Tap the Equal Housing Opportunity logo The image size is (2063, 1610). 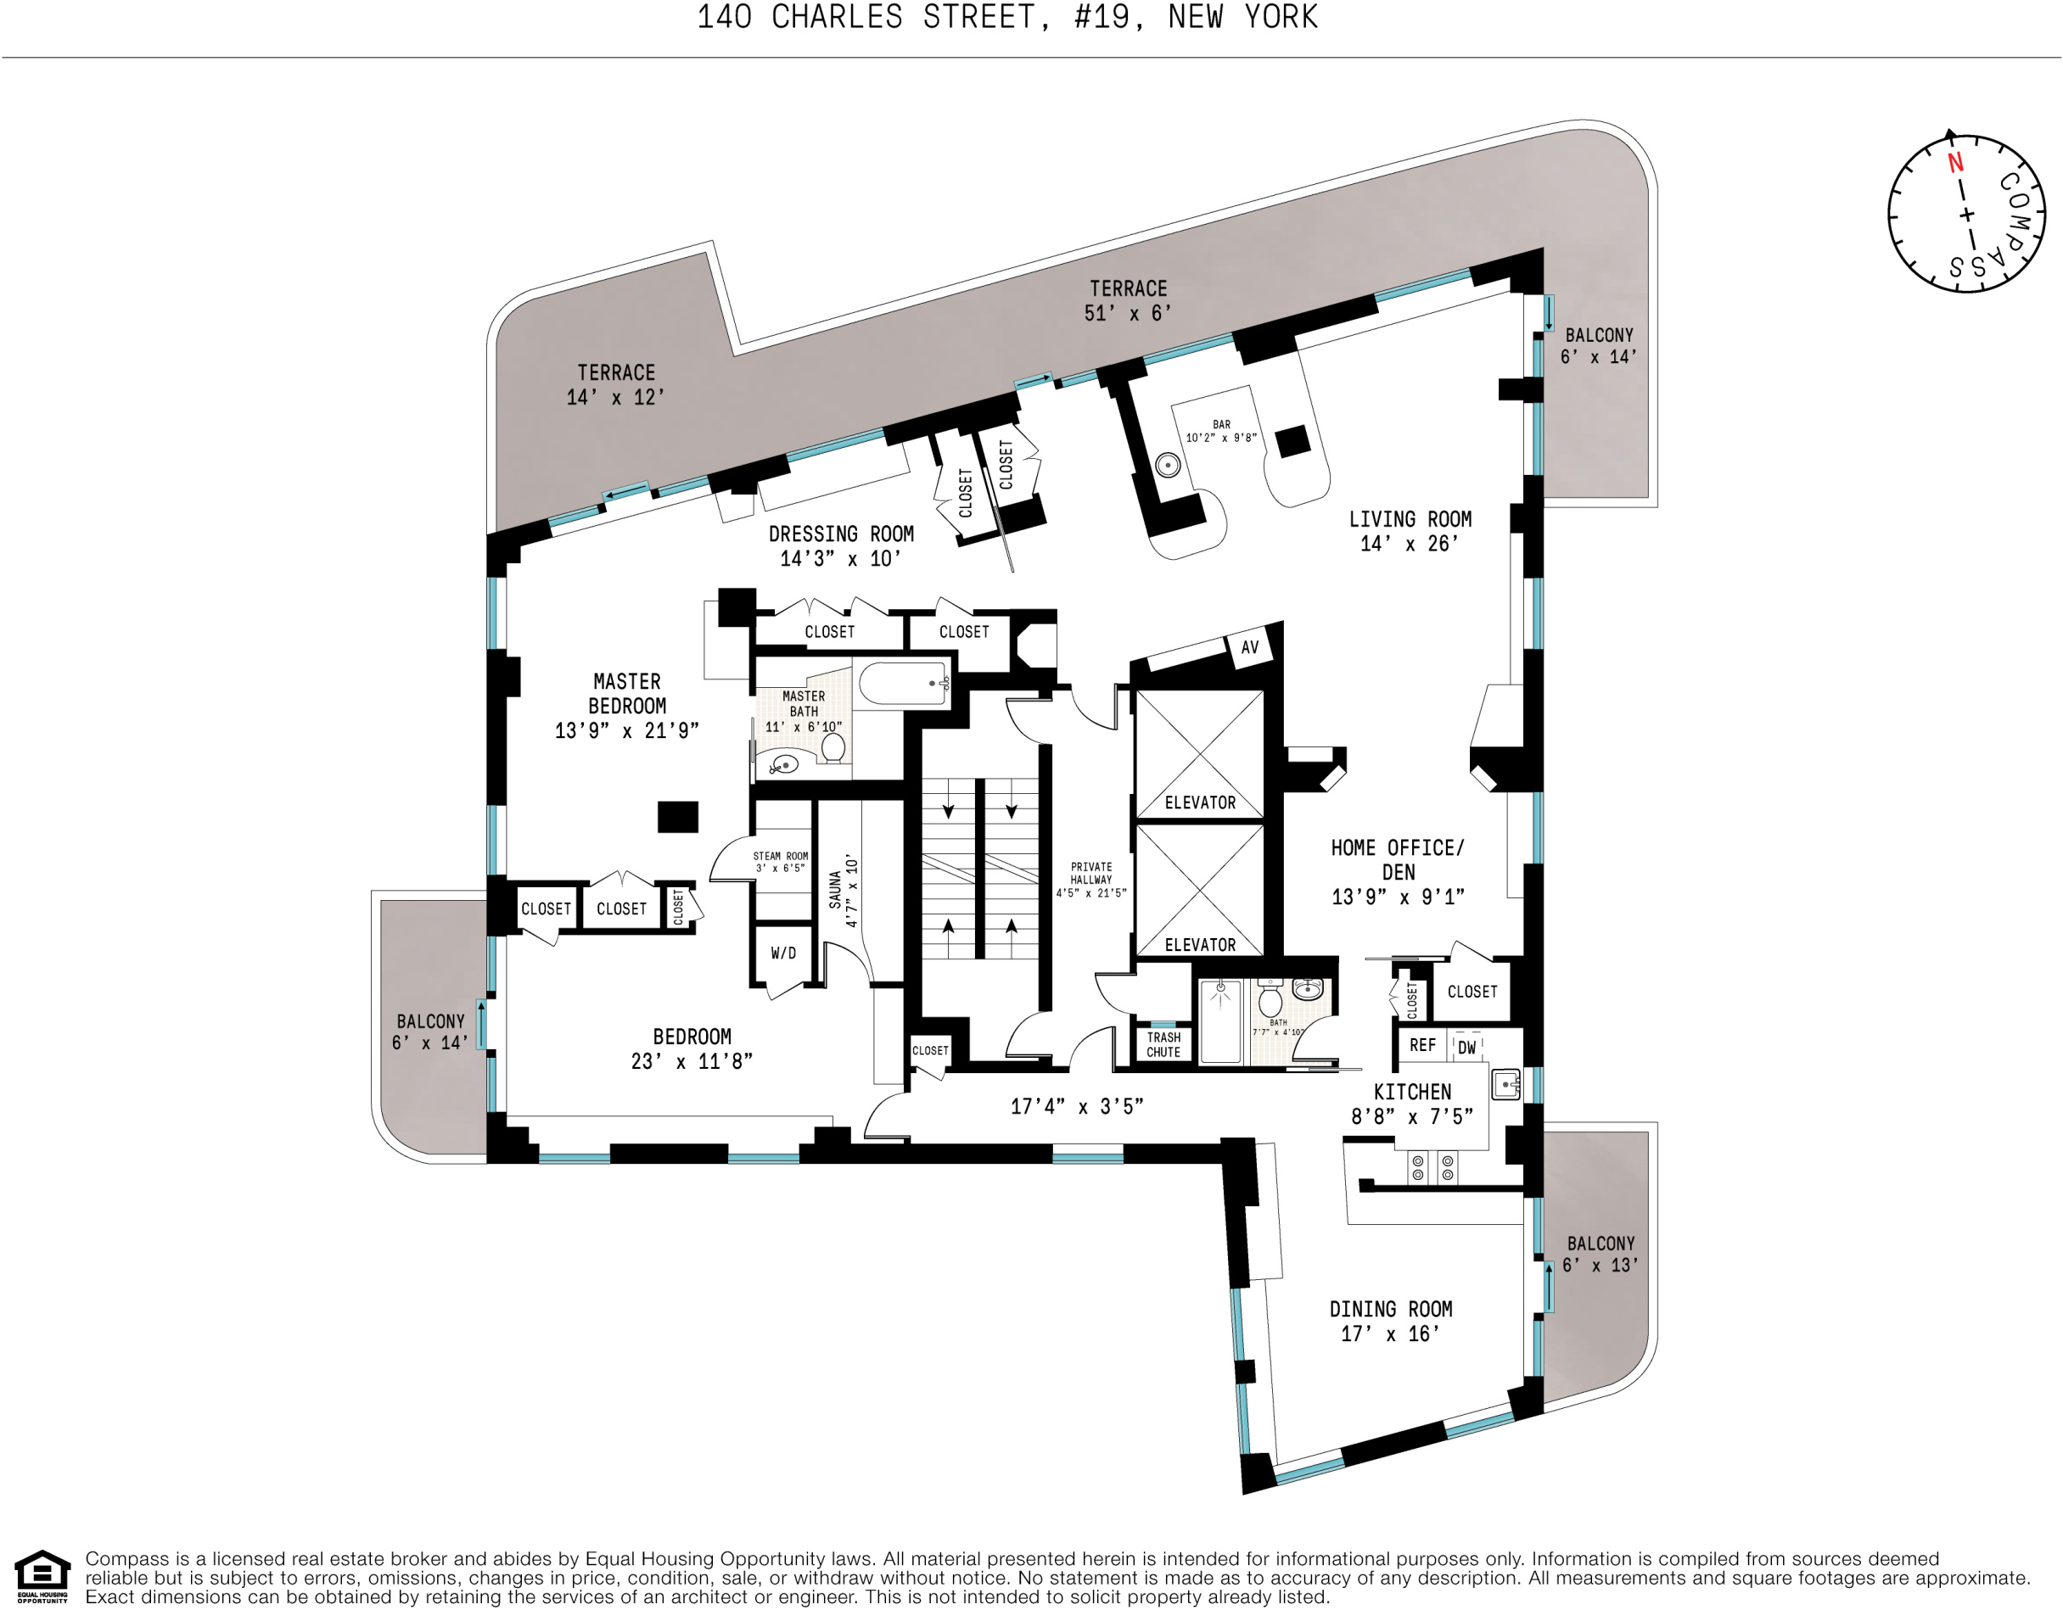pyautogui.click(x=42, y=1577)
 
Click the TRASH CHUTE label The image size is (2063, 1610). pyautogui.click(x=1163, y=1044)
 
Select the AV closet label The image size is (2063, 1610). pyautogui.click(x=1250, y=648)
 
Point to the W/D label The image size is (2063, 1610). pyautogui.click(x=783, y=953)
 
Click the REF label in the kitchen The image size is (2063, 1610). pyautogui.click(x=1422, y=1044)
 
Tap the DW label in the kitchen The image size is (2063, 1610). pyautogui.click(x=1466, y=1048)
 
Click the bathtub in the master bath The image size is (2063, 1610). pyautogui.click(x=901, y=684)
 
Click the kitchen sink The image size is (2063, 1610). pyautogui.click(x=1505, y=1084)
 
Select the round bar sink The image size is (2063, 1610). pyautogui.click(x=1169, y=465)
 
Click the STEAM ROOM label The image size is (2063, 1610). pyautogui.click(x=780, y=862)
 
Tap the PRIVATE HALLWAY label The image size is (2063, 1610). pyautogui.click(x=1091, y=879)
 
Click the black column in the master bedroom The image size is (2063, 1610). pyautogui.click(x=677, y=817)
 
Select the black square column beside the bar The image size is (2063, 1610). pyautogui.click(x=1292, y=441)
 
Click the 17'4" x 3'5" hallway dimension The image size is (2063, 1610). pyautogui.click(x=1077, y=1106)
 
